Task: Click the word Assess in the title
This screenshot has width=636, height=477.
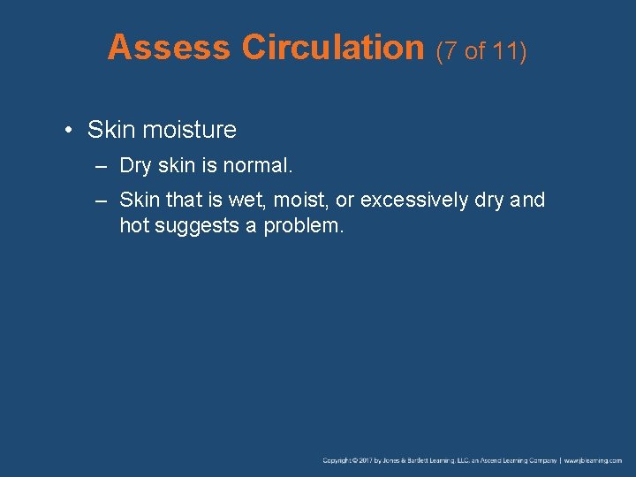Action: click(169, 48)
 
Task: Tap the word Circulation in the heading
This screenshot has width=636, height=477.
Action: click(333, 48)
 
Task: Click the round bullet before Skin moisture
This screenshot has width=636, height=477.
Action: click(69, 131)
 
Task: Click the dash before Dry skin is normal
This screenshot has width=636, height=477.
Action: click(103, 166)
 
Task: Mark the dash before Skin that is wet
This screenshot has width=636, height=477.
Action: click(103, 201)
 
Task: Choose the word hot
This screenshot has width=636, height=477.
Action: click(134, 225)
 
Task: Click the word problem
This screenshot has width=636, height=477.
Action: click(302, 225)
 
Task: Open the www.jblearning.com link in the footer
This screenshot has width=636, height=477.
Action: click(593, 460)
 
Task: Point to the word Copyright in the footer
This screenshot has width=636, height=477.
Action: click(338, 460)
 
